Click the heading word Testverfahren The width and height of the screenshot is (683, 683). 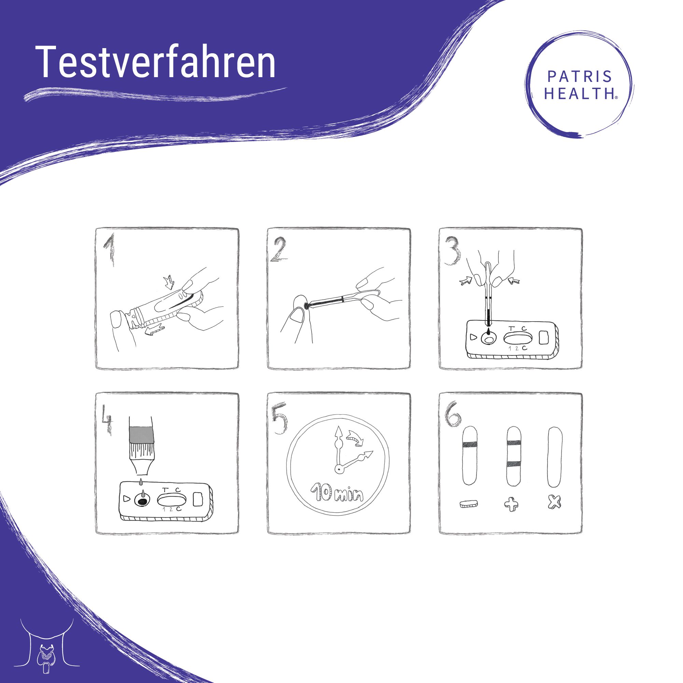tap(156, 62)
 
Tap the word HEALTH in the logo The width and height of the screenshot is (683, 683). tap(579, 94)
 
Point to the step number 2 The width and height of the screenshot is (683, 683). tap(279, 250)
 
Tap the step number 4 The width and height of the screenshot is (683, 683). tap(107, 419)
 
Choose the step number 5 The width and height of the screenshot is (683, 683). tap(279, 419)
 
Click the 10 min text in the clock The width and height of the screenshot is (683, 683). tap(337, 493)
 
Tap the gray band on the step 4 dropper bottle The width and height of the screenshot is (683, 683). tap(141, 435)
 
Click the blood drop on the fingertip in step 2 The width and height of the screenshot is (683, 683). tap(307, 307)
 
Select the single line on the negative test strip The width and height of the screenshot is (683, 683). tap(470, 444)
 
